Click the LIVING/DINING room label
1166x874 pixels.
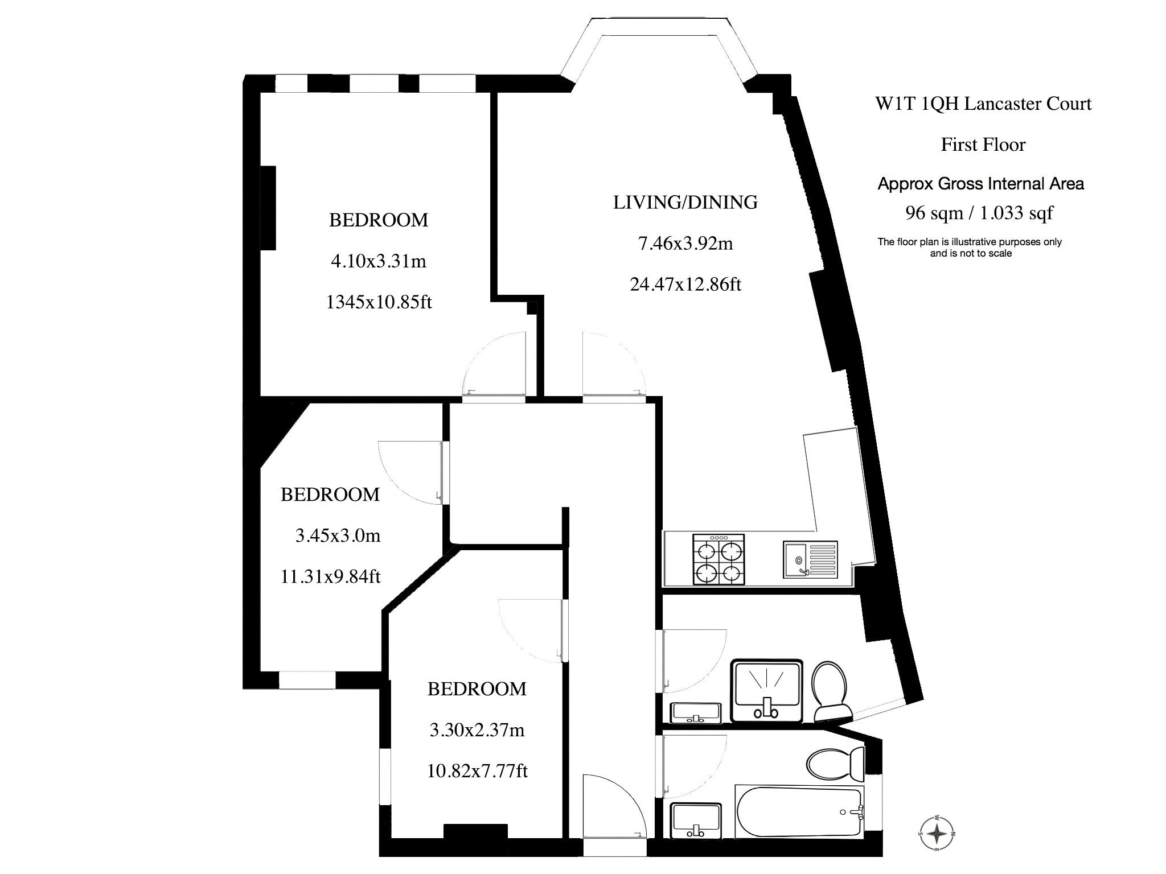pos(685,203)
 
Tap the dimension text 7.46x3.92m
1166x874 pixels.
pos(685,244)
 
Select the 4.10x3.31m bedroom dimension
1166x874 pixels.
pos(379,261)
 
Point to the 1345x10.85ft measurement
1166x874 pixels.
pos(379,302)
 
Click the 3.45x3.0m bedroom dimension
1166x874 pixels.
pos(338,535)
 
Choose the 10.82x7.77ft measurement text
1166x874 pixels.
pos(477,771)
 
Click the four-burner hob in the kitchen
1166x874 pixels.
pos(719,559)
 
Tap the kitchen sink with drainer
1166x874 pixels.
pos(810,559)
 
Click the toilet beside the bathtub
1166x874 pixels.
pos(836,765)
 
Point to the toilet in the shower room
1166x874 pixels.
pos(831,691)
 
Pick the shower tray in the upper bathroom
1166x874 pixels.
pos(766,691)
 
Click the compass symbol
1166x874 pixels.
pos(937,835)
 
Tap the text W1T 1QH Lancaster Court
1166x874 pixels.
pos(983,104)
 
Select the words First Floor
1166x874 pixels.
pos(983,145)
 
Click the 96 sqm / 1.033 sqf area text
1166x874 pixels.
pos(979,213)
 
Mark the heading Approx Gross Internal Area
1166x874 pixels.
pos(980,184)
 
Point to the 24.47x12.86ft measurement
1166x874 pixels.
pos(685,284)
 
